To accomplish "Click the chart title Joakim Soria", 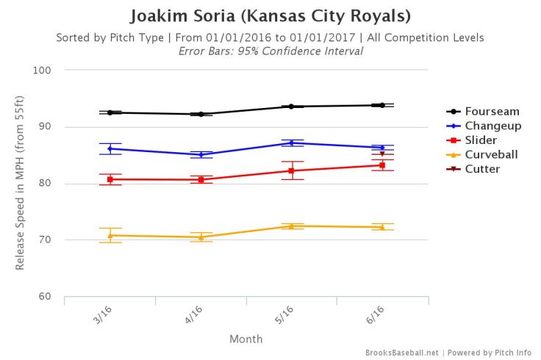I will (270, 15).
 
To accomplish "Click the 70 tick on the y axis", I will (51, 240).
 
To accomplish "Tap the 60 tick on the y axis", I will (51, 297).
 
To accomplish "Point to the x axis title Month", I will (246, 339).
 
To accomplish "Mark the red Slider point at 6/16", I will (382, 165).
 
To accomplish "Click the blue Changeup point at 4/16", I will (201, 154).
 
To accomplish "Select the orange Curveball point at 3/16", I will (110, 235).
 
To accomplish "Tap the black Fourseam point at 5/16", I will (291, 107).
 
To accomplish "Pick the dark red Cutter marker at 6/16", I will (382, 154).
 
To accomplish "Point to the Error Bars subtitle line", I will (270, 51).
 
